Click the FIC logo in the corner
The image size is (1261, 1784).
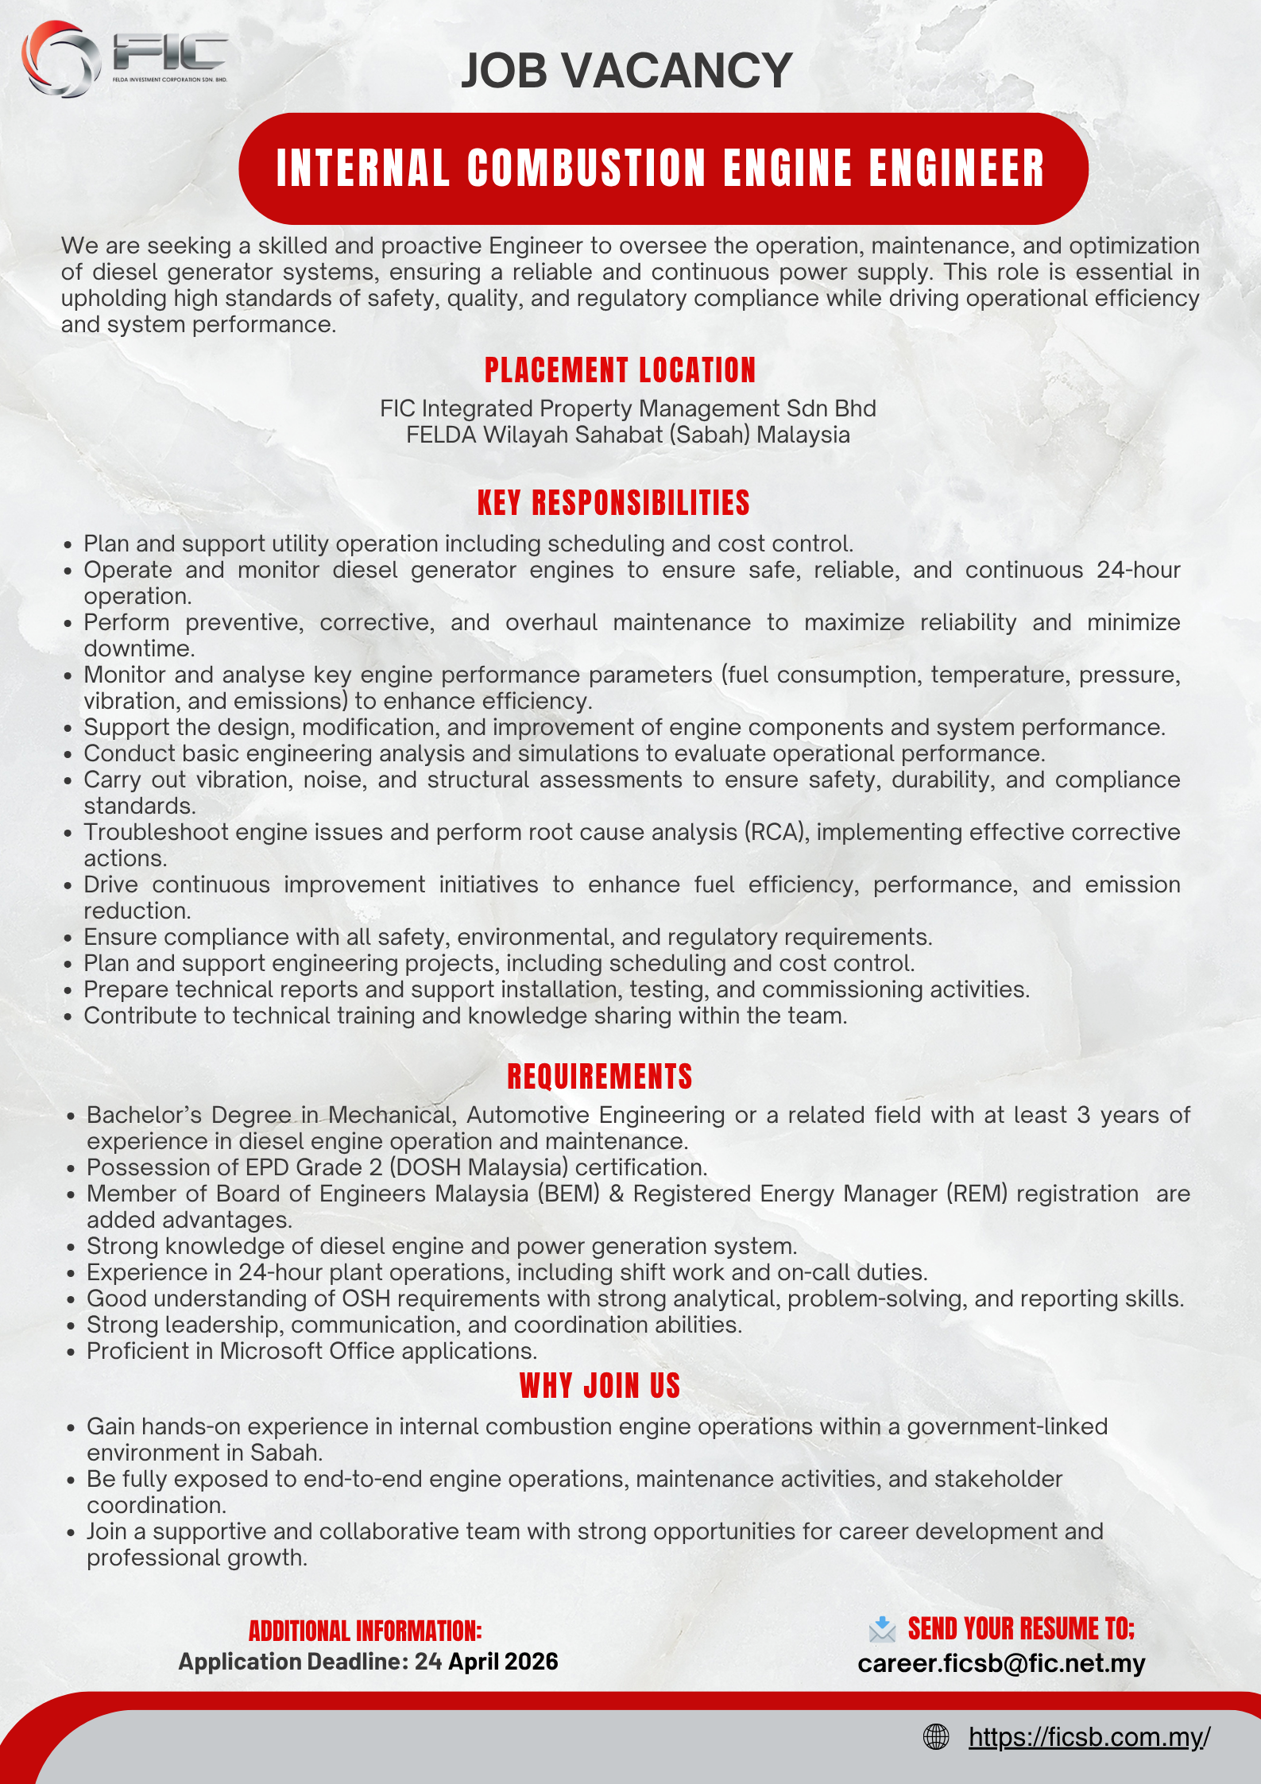[x=123, y=58]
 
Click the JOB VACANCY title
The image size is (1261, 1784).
[x=626, y=71]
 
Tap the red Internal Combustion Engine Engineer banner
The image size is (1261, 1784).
[x=662, y=168]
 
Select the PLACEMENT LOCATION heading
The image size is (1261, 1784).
[x=620, y=370]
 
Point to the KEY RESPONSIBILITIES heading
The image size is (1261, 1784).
[x=613, y=503]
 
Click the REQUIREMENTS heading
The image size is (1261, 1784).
[x=600, y=1077]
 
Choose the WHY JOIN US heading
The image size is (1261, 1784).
[x=600, y=1386]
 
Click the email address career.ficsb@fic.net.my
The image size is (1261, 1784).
[x=1001, y=1663]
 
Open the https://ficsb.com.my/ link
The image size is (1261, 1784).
[x=1089, y=1737]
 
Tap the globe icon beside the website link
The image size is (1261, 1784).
[x=936, y=1737]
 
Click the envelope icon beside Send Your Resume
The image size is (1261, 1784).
[x=882, y=1630]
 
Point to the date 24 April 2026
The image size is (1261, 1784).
[x=486, y=1662]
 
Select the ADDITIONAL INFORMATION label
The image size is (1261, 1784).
[x=365, y=1631]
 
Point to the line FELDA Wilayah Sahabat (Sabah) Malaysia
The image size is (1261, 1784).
[x=628, y=435]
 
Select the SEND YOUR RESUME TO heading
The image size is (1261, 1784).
[x=1021, y=1629]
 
